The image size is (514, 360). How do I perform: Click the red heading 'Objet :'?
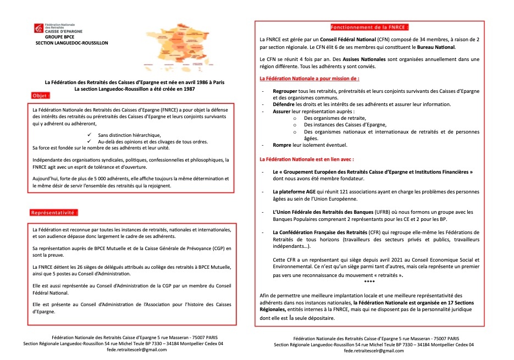41,95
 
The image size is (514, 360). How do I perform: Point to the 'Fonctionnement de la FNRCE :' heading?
369,27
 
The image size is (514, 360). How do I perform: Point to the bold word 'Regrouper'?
285,91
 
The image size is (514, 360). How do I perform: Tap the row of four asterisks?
369,281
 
